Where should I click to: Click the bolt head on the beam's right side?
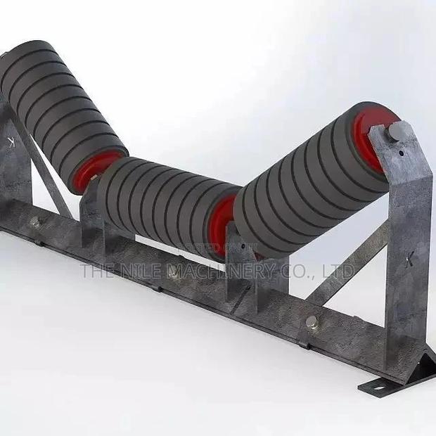[310, 323]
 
